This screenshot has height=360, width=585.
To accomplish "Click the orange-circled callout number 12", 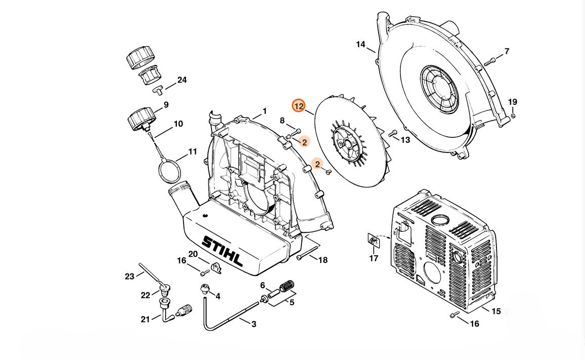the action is click(x=298, y=106).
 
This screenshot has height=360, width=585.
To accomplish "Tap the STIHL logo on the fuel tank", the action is click(x=222, y=251).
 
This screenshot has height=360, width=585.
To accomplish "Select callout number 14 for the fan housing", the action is click(x=360, y=44).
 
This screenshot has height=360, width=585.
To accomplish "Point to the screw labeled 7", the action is click(x=490, y=62).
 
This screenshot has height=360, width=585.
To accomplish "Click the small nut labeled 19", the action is click(x=513, y=116).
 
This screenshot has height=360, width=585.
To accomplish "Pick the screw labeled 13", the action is click(x=392, y=134).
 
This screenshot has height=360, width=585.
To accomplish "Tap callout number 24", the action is click(x=181, y=80).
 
